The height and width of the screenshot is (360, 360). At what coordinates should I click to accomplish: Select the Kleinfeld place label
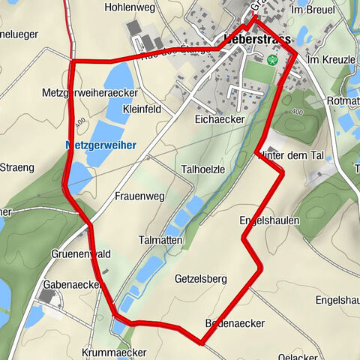click(140, 109)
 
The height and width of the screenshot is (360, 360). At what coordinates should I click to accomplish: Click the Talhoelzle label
click(202, 169)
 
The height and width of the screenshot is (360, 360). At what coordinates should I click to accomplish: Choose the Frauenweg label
click(139, 196)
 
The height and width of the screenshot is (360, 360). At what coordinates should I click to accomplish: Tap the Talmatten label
click(160, 239)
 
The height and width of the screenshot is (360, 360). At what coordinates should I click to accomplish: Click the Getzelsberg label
click(200, 279)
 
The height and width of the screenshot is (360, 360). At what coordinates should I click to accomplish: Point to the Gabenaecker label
click(72, 286)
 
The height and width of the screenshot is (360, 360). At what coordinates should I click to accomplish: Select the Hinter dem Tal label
click(289, 155)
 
